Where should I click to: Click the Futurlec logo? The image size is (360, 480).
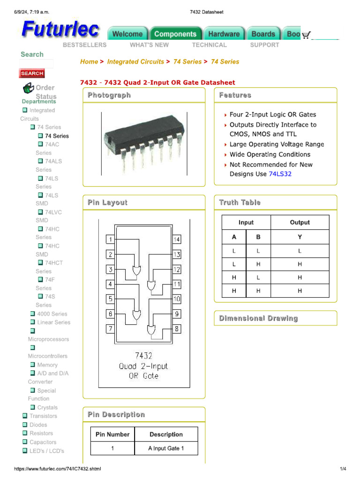[60, 30]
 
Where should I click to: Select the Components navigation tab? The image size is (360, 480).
[175, 34]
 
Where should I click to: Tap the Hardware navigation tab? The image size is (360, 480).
[224, 34]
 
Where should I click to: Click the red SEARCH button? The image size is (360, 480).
[32, 73]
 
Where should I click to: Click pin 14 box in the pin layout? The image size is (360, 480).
[177, 240]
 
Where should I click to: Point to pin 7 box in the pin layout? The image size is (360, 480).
[111, 329]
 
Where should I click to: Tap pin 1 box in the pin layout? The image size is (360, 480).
[111, 240]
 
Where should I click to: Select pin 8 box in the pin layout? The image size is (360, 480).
[177, 329]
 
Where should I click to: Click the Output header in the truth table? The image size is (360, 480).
[300, 223]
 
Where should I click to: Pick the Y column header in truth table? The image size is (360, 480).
[300, 237]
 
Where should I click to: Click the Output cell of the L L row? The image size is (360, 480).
[300, 251]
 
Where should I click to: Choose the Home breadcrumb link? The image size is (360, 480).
[89, 61]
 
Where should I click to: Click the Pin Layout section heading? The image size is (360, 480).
[107, 202]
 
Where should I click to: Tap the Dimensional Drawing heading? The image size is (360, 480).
[258, 318]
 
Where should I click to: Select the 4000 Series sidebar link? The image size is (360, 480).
[52, 314]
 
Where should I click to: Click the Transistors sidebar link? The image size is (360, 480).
[43, 416]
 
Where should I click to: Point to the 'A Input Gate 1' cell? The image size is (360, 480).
[166, 449]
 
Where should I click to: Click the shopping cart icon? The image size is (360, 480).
[306, 35]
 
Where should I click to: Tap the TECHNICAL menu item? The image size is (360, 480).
[209, 45]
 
